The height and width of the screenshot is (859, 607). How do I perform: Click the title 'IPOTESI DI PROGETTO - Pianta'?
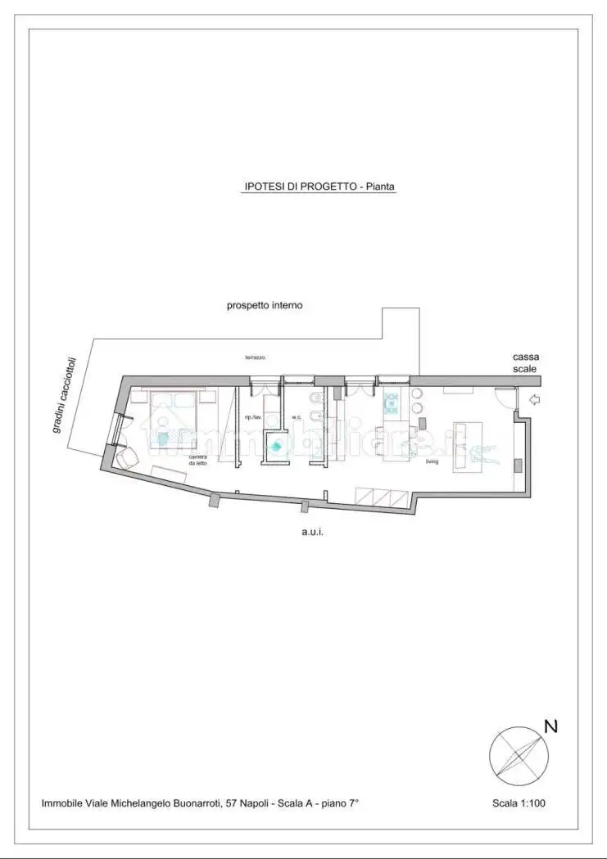(x=319, y=187)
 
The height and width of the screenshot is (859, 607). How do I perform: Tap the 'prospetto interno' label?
(x=265, y=305)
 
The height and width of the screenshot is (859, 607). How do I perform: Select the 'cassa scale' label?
(x=525, y=362)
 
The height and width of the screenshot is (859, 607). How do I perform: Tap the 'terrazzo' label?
(x=256, y=358)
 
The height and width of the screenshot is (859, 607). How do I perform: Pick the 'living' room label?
(x=432, y=462)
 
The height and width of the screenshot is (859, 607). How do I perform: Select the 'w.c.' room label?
(x=297, y=418)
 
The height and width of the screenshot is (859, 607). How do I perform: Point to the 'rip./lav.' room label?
(x=252, y=418)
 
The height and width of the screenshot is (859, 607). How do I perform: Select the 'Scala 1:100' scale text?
(x=519, y=803)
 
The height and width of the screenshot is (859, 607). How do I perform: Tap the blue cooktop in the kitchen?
(x=392, y=403)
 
